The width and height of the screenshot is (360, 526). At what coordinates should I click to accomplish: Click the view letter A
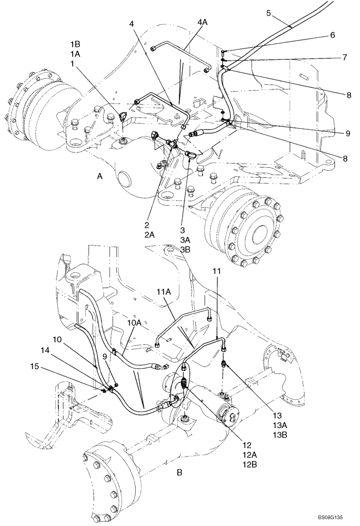coord(99,178)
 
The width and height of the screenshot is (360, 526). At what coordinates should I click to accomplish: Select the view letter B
coord(179,473)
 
